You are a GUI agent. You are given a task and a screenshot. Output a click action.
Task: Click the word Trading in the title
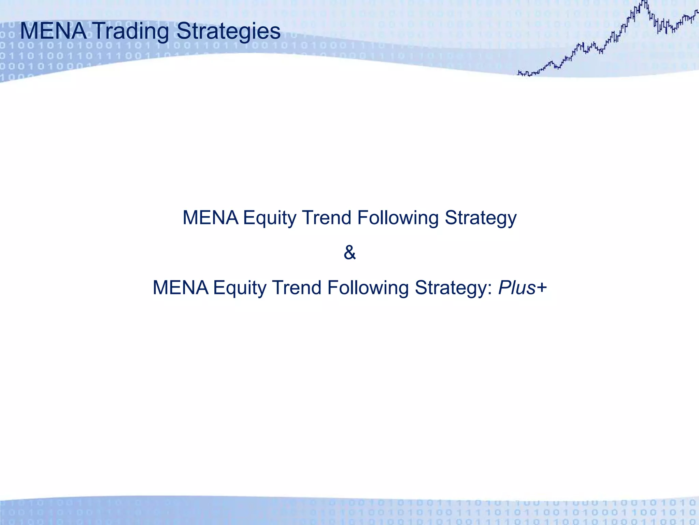131,31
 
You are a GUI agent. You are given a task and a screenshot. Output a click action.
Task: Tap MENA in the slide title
53,31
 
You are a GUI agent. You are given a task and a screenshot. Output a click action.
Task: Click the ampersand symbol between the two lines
349,253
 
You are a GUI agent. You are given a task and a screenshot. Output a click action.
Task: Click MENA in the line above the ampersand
210,218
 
